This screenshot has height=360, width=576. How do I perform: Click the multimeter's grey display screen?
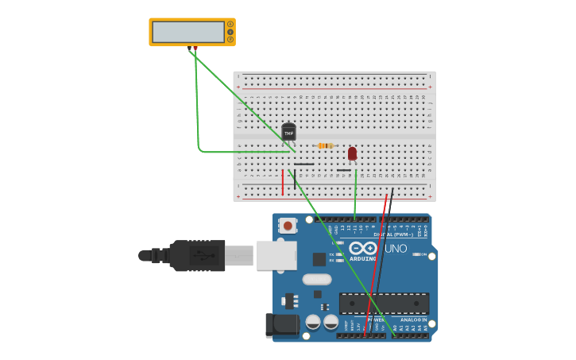pos(188,32)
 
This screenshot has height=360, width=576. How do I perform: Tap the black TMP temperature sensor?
pos(288,132)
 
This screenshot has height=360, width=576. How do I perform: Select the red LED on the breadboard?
pos(352,153)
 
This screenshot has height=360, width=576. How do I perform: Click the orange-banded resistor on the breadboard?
pos(325,145)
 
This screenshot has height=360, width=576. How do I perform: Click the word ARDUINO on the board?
pos(363,259)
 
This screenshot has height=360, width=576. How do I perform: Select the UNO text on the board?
pos(396,249)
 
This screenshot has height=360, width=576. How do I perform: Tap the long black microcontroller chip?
pos(384,303)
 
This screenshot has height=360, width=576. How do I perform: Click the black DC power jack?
pos(281,324)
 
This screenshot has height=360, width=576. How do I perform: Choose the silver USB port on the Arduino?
pos(276,255)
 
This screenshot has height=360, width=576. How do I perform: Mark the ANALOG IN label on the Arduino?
pos(413,319)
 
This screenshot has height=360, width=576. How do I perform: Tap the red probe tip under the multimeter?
pos(195,48)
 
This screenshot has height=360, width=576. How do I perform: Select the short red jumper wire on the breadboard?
pos(282,181)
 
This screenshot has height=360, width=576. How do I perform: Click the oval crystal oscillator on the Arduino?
pos(316,279)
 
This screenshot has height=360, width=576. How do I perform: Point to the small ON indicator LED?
pos(415,254)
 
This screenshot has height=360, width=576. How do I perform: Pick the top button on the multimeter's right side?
pos(230,24)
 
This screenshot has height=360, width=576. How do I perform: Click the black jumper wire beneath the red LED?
pos(343,169)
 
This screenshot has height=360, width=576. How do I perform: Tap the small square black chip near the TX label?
pos(319,259)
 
